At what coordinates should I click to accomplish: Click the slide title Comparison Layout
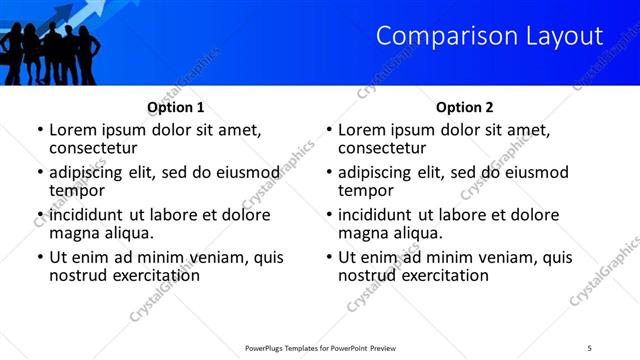[x=489, y=37]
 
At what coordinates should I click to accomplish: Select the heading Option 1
[x=176, y=107]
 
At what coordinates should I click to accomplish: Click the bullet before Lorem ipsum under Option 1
[x=40, y=131]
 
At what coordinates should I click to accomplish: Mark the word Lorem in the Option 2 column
[x=361, y=129]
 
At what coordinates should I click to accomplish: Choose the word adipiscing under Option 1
[x=90, y=172]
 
